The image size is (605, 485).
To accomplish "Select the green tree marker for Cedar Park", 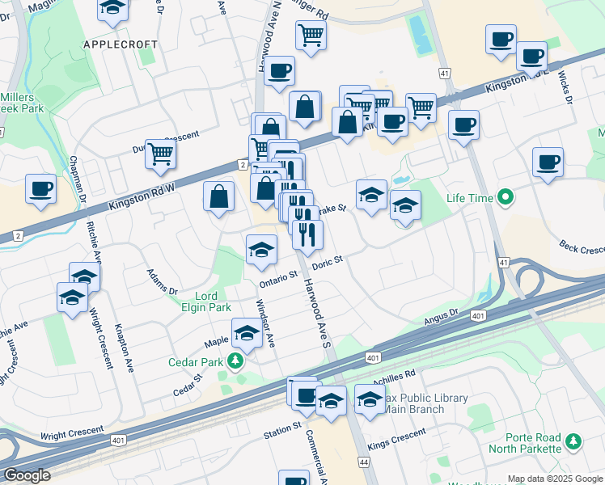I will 235,361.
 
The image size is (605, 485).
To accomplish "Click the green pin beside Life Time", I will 506,196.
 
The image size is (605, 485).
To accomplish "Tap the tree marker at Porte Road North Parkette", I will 573,441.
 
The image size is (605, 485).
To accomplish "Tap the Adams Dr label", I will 162,281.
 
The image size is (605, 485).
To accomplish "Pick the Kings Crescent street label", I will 396,437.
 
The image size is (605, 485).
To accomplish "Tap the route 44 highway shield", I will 363,461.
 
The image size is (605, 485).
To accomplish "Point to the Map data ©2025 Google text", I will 556,479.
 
